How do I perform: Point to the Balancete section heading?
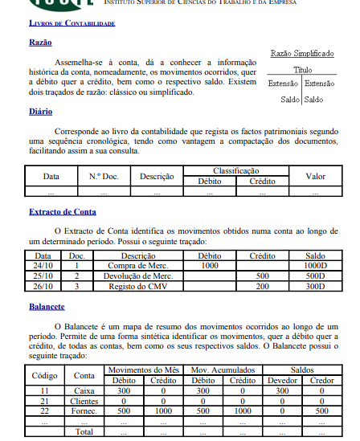(47, 307)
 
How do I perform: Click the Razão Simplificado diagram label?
(302, 54)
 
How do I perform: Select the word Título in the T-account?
(302, 71)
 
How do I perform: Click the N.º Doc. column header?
(104, 176)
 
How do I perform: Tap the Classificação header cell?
(235, 171)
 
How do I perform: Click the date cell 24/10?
(43, 265)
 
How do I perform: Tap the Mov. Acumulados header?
(215, 370)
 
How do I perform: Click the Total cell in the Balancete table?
(84, 431)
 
